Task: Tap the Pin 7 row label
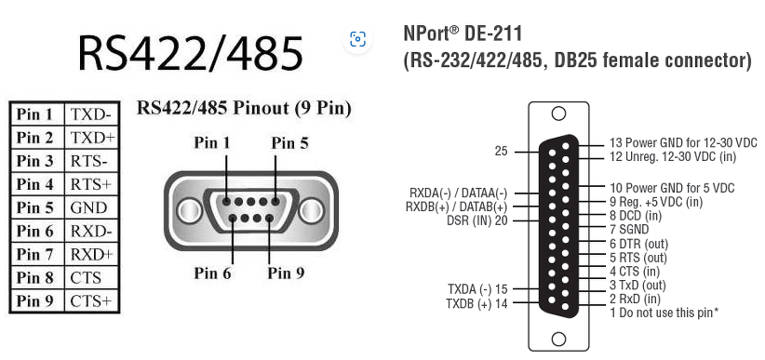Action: click(x=34, y=254)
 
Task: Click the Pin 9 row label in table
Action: click(x=34, y=301)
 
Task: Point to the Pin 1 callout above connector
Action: click(x=212, y=142)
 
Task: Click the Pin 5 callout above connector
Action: click(x=290, y=143)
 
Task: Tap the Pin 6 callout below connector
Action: click(x=212, y=273)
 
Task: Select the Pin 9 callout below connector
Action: click(x=287, y=273)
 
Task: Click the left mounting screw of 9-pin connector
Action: click(x=189, y=211)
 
